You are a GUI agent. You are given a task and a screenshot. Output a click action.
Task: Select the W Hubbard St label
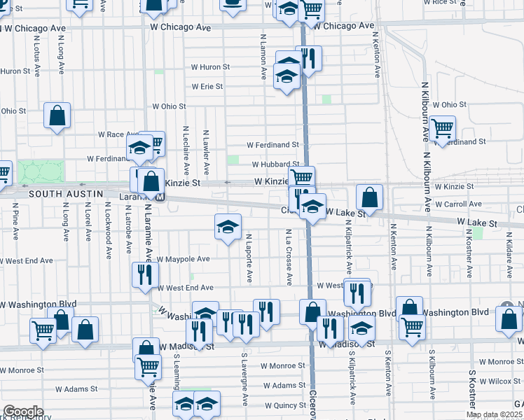click(x=275, y=164)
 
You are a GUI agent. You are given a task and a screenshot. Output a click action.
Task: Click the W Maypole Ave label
click(x=184, y=259)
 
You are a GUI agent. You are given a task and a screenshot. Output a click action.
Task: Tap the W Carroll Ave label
click(x=458, y=204)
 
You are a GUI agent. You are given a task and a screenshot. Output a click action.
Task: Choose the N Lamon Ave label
click(x=263, y=56)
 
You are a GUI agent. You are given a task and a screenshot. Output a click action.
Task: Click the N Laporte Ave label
click(x=249, y=258)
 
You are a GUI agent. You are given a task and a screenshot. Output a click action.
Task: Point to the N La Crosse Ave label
click(x=289, y=256)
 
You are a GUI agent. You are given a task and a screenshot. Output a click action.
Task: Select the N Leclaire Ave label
click(x=186, y=150)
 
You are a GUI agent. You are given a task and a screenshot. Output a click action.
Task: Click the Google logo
click(x=23, y=412)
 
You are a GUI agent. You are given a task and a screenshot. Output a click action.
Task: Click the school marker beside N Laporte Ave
click(x=228, y=227)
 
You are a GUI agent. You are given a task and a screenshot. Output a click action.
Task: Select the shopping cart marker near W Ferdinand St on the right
click(x=443, y=129)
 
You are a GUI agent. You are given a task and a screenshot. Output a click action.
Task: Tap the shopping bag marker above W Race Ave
click(x=57, y=115)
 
